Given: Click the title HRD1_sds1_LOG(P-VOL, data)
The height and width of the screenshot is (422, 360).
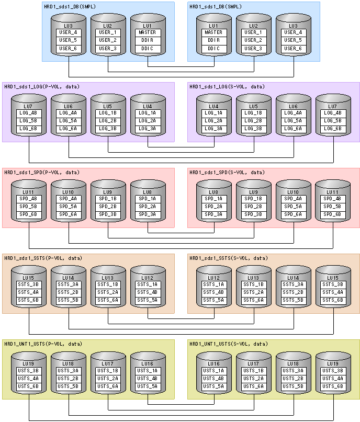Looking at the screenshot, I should (x=41, y=86).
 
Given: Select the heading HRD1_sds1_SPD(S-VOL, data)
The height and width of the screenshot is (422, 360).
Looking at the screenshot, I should (x=227, y=172).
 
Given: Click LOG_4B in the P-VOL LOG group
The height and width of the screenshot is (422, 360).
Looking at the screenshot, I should (x=28, y=113).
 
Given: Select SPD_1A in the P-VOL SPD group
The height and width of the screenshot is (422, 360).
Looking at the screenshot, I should (x=148, y=199).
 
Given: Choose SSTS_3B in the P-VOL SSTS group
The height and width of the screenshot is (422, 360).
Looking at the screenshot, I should (x=28, y=284).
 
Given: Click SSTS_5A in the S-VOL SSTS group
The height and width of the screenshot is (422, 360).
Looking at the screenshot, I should (x=213, y=300).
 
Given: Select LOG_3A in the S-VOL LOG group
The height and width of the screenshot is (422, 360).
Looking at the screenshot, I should (x=213, y=128).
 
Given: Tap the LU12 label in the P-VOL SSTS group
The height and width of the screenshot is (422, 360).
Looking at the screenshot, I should (x=148, y=277).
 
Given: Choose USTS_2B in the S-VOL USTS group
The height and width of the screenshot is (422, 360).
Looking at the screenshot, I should (x=293, y=378).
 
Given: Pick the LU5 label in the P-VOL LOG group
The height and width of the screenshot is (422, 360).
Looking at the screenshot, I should (x=108, y=106).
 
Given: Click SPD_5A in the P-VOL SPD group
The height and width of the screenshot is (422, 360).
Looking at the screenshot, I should (x=68, y=206).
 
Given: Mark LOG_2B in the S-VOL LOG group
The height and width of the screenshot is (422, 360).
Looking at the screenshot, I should (x=253, y=121).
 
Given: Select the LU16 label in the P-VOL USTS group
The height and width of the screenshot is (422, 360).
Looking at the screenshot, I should (x=148, y=363).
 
